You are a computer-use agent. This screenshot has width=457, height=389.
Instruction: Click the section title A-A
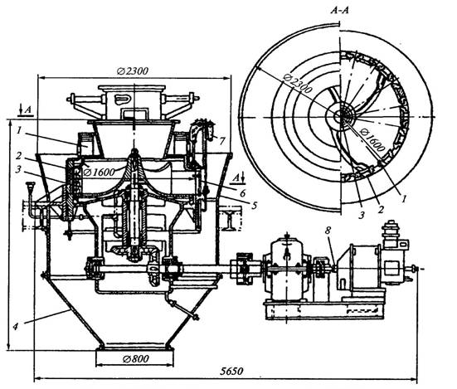339,11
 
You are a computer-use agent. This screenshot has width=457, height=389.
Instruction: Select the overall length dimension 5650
231,372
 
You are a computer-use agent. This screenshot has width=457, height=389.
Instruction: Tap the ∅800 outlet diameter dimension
136,358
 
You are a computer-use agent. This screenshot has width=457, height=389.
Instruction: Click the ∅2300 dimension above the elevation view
133,71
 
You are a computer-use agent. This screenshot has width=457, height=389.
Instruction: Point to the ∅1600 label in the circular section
372,140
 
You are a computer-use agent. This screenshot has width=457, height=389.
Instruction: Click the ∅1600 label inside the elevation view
99,173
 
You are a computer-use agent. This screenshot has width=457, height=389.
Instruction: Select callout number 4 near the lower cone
15,326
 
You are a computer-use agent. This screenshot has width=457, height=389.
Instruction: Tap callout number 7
222,141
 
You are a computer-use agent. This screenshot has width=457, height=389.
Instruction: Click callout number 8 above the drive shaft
328,231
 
